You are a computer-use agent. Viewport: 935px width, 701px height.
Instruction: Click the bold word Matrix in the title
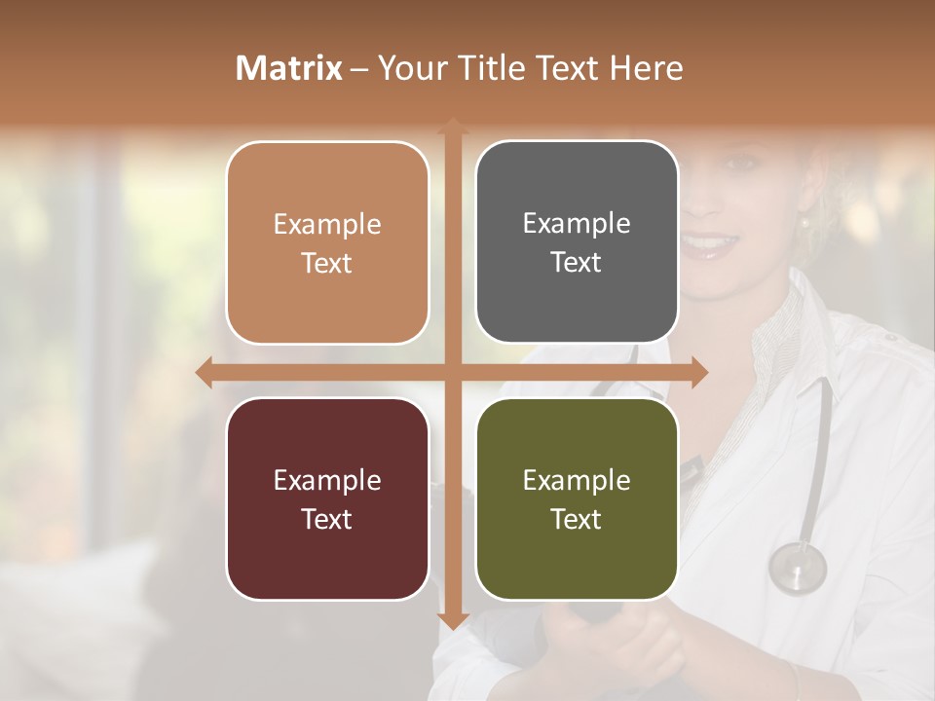pyautogui.click(x=289, y=68)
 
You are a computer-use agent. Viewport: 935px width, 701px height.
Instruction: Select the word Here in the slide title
pyautogui.click(x=646, y=68)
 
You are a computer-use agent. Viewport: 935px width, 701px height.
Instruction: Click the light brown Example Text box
pyautogui.click(x=327, y=242)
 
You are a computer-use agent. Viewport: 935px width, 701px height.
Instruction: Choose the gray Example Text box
pyautogui.click(x=577, y=242)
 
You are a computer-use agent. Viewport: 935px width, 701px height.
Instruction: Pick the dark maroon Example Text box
pyautogui.click(x=327, y=498)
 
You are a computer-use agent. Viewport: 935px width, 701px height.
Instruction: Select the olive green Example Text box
pyautogui.click(x=577, y=498)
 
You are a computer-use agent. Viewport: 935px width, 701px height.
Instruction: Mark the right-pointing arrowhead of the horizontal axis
pyautogui.click(x=698, y=372)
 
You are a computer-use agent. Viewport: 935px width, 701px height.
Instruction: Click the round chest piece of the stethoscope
pyautogui.click(x=797, y=568)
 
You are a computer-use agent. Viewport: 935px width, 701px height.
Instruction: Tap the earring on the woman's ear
pyautogui.click(x=805, y=225)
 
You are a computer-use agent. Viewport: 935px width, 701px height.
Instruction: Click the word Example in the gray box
pyautogui.click(x=577, y=224)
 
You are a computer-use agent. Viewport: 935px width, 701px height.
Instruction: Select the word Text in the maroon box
pyautogui.click(x=327, y=519)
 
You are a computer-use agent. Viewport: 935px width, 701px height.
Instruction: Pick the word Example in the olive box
pyautogui.click(x=577, y=480)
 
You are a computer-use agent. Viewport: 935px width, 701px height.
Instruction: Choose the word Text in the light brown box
pyautogui.click(x=327, y=263)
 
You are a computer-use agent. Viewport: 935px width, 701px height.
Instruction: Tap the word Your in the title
pyautogui.click(x=407, y=68)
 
